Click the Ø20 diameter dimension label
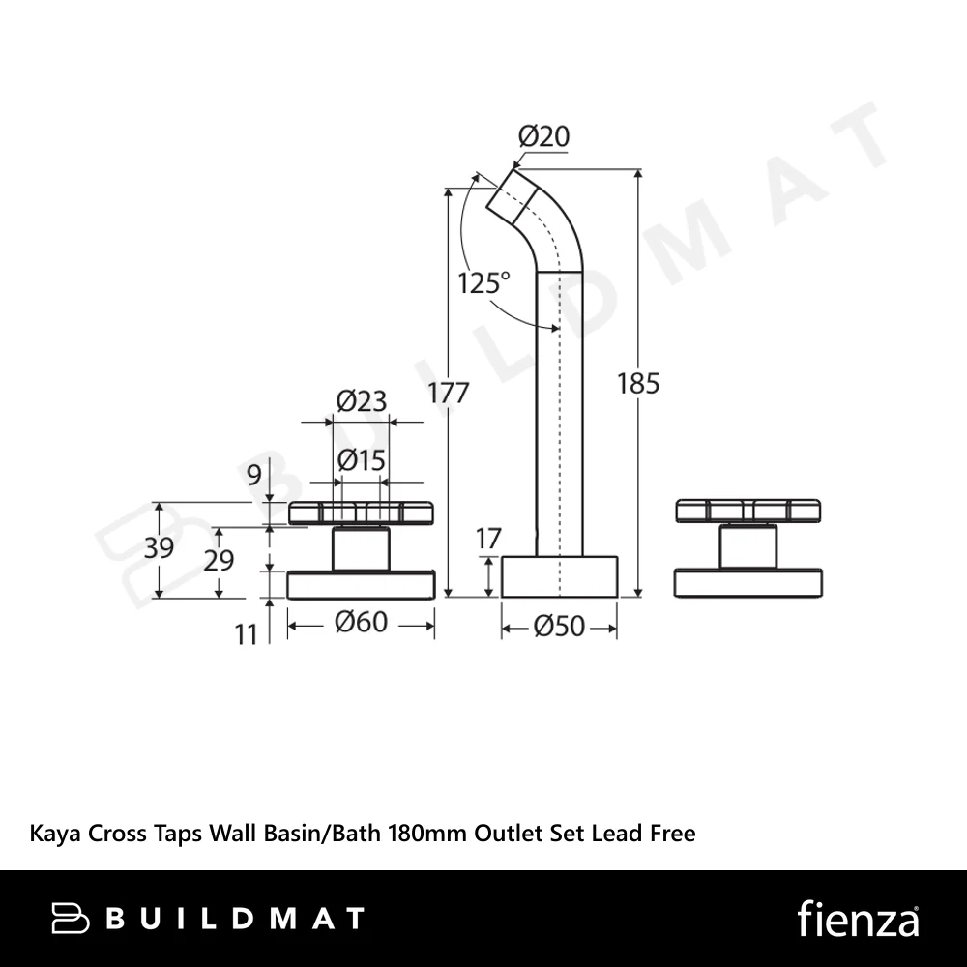click(x=543, y=136)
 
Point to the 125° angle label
click(x=484, y=283)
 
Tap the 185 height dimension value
click(x=638, y=384)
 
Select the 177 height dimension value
click(x=449, y=393)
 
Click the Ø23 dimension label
click(x=362, y=401)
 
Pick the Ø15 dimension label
click(x=362, y=460)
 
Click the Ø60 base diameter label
click(x=362, y=622)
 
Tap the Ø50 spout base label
click(x=559, y=626)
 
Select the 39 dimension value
click(x=160, y=547)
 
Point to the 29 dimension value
click(x=219, y=561)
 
